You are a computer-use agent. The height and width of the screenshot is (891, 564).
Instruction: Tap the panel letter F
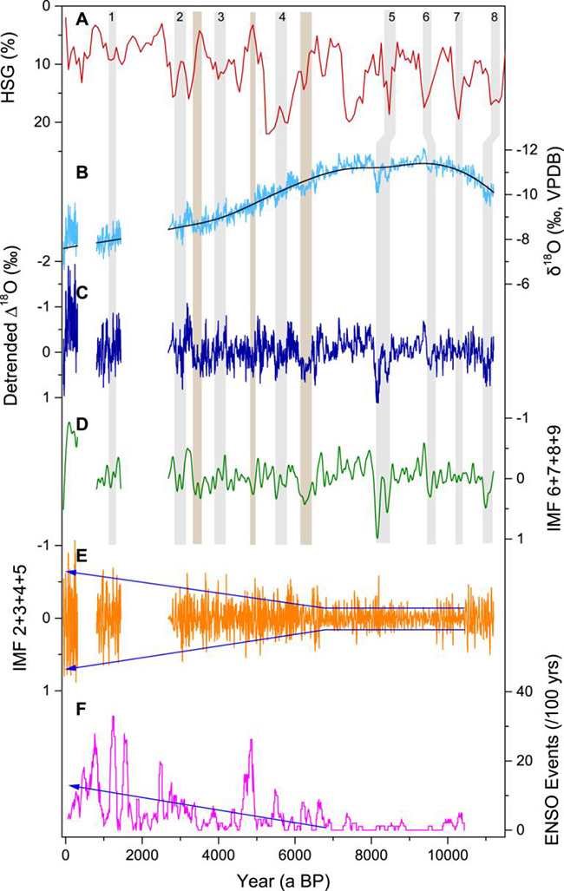[x=81, y=720]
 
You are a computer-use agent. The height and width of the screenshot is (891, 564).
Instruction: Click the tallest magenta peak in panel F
[x=113, y=717]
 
